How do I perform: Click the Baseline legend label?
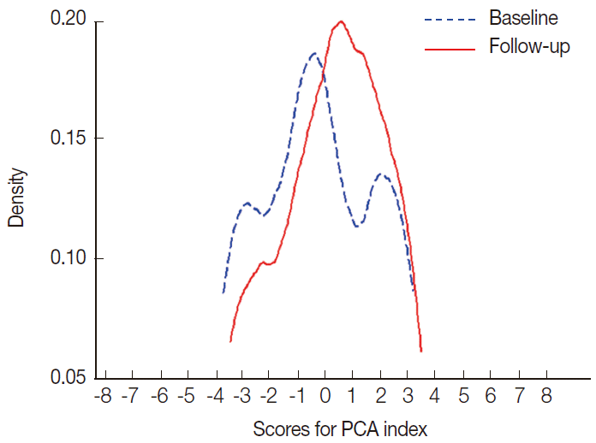coord(523,18)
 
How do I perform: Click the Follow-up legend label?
coord(529,46)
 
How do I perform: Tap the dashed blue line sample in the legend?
coord(450,18)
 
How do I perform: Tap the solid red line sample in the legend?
coord(450,47)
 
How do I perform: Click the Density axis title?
coord(17,198)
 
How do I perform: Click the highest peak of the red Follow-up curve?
coord(341,21)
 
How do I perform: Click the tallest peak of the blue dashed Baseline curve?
coord(313,54)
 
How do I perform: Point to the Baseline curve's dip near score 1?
coord(356,225)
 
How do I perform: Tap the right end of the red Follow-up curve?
coord(422,351)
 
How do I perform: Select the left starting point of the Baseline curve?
coord(223,292)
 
